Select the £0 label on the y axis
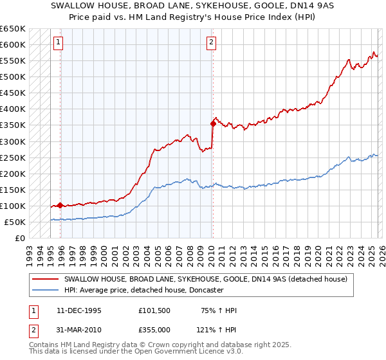[x=20, y=239]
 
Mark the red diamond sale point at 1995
[x=60, y=206]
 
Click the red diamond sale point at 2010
[x=213, y=123]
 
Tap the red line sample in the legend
[x=46, y=279]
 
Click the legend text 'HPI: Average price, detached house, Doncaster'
[x=143, y=290]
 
